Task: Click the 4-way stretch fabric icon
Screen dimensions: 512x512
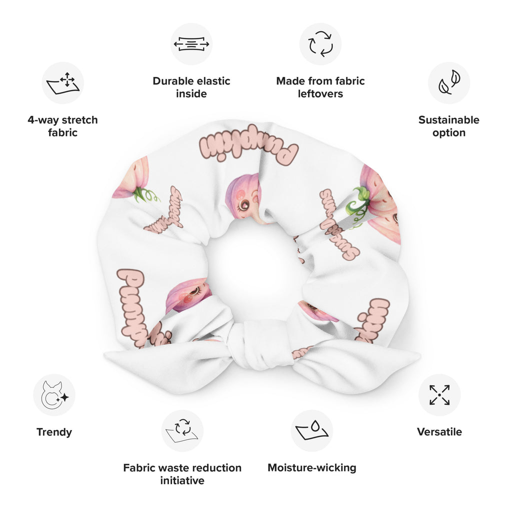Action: click(x=62, y=83)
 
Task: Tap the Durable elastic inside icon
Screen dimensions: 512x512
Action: click(x=191, y=44)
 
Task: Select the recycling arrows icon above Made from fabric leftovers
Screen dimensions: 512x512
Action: click(x=320, y=44)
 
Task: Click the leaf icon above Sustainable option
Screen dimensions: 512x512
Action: click(x=449, y=83)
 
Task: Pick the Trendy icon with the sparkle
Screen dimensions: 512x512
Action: click(x=54, y=395)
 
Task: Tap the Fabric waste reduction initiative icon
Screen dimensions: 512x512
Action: click(x=182, y=431)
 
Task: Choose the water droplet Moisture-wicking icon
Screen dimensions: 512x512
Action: click(x=311, y=431)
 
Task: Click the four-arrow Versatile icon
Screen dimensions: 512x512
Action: click(x=439, y=395)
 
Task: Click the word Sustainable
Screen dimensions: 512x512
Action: click(x=449, y=120)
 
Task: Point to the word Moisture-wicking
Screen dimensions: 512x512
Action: click(x=312, y=468)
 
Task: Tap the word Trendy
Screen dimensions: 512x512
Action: click(x=54, y=432)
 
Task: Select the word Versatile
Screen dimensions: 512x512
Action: click(x=439, y=432)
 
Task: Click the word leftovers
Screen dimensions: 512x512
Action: click(x=320, y=93)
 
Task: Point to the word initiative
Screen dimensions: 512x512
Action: click(x=182, y=480)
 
